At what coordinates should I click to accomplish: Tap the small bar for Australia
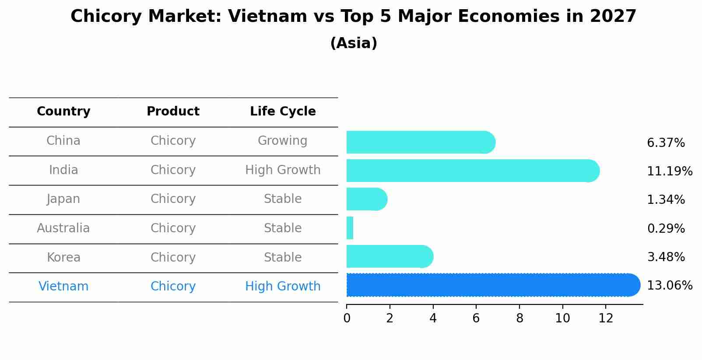(x=350, y=228)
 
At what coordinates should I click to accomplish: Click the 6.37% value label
(x=666, y=143)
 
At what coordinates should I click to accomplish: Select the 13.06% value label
(x=670, y=286)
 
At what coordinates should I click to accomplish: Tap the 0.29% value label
(x=666, y=228)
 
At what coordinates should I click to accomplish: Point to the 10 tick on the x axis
(x=562, y=318)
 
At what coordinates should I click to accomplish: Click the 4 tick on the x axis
(x=433, y=318)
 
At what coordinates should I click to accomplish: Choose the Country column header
(x=63, y=112)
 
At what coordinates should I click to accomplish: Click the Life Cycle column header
(x=283, y=112)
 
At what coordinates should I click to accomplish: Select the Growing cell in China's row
(x=282, y=141)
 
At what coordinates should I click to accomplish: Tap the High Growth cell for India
(x=283, y=170)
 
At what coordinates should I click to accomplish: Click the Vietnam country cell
(x=63, y=287)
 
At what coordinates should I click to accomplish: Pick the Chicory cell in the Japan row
(x=173, y=199)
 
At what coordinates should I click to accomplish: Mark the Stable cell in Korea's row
(x=283, y=258)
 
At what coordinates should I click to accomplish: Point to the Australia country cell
(x=63, y=228)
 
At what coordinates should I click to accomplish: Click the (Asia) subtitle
(x=354, y=43)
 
